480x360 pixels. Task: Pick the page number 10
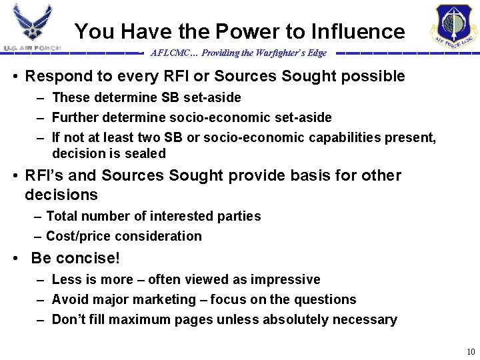pos(471,352)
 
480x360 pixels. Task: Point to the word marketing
pos(169,299)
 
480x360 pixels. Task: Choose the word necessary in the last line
pos(365,319)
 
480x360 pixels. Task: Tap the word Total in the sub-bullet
pos(62,216)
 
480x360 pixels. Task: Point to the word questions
pos(323,299)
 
